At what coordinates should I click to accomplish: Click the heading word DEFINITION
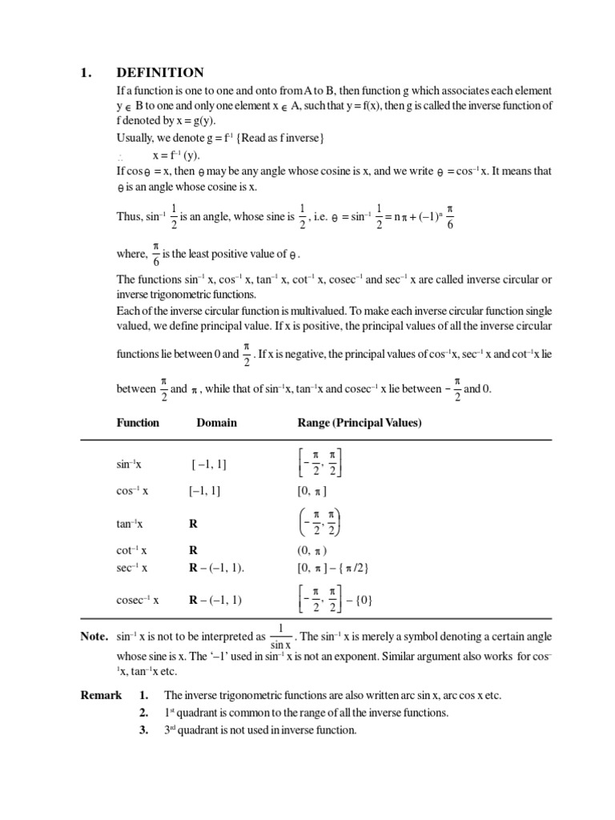[x=160, y=73]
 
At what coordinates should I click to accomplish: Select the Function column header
[x=138, y=423]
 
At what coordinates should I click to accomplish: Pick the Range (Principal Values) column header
[x=360, y=423]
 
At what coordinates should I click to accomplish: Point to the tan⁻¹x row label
[x=130, y=525]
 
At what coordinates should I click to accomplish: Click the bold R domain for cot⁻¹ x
[x=193, y=551]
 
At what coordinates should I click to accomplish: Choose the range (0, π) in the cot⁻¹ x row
[x=312, y=551]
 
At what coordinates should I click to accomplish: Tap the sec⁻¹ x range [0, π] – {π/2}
[x=332, y=567]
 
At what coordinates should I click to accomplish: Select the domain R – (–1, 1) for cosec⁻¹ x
[x=215, y=600]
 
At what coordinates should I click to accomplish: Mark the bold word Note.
[x=94, y=637]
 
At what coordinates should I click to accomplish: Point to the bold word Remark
[x=101, y=695]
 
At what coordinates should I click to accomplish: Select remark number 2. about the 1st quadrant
[x=144, y=713]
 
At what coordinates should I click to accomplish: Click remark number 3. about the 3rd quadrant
[x=144, y=730]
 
